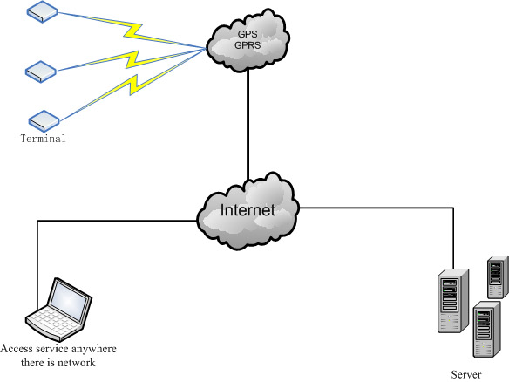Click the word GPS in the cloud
coord(248,34)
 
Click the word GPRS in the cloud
coord(248,45)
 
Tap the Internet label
coord(248,210)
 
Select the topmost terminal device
coord(42,11)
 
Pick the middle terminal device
coord(41,72)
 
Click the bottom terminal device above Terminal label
coord(44,121)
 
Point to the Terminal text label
coord(43,139)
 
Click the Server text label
coord(465,374)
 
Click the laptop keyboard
coord(52,322)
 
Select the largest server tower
coord(453,301)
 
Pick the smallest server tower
coord(498,276)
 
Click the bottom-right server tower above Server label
coord(486,329)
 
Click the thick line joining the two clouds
coord(248,125)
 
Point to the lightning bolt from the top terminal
coord(132,31)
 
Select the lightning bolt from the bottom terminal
coord(133,85)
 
